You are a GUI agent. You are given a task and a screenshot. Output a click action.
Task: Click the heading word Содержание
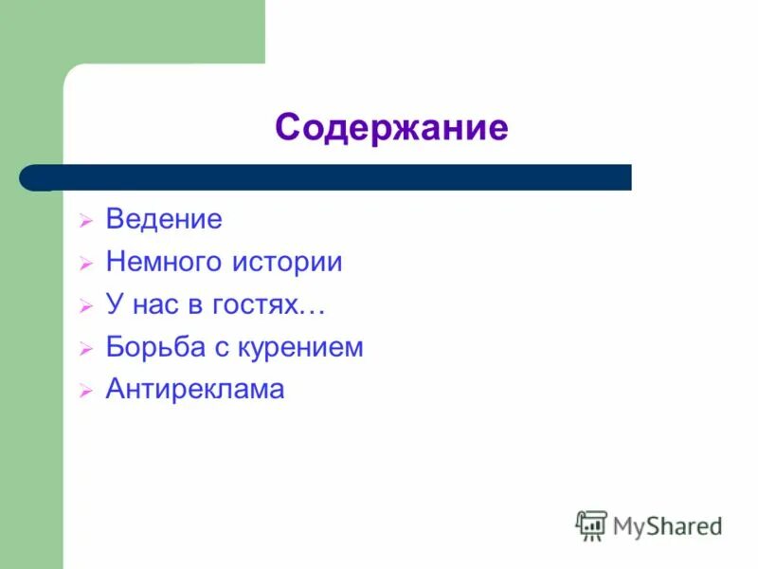click(391, 127)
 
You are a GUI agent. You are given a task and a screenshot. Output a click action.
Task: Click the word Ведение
click(164, 220)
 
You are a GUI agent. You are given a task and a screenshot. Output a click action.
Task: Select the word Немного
click(163, 263)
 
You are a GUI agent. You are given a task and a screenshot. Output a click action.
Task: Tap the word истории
click(287, 263)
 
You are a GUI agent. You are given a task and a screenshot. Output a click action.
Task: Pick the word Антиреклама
click(195, 389)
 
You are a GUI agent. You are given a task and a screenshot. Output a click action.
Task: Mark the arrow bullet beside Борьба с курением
click(85, 349)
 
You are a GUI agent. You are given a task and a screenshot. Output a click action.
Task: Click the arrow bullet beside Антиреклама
click(85, 391)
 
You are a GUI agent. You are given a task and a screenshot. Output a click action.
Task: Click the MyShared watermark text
click(667, 526)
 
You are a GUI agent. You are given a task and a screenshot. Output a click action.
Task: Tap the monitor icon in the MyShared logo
click(591, 524)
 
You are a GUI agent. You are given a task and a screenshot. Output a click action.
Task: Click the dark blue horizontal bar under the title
click(341, 177)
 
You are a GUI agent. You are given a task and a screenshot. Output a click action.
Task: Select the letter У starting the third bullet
click(114, 305)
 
